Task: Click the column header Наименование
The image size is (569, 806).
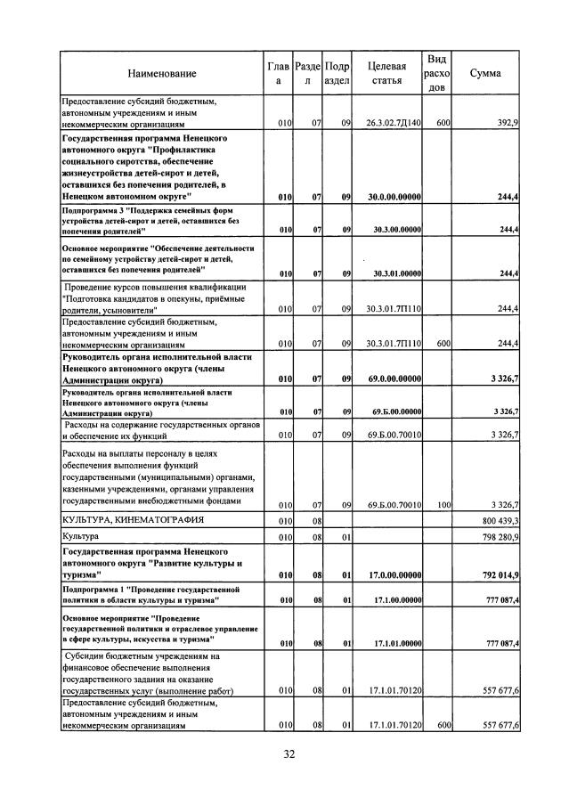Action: point(161,73)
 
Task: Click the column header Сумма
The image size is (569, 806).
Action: point(484,73)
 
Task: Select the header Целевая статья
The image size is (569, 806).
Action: point(386,73)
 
